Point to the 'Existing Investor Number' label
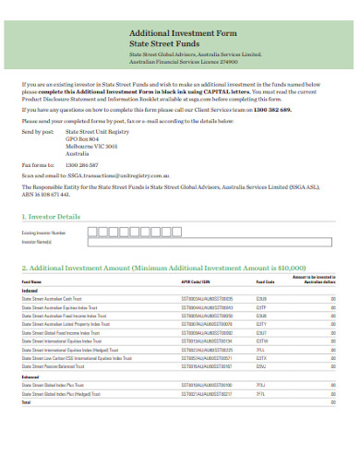tap(45, 233)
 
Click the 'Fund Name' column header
tap(31, 282)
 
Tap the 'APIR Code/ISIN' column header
tap(197, 282)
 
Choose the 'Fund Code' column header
tap(265, 282)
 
